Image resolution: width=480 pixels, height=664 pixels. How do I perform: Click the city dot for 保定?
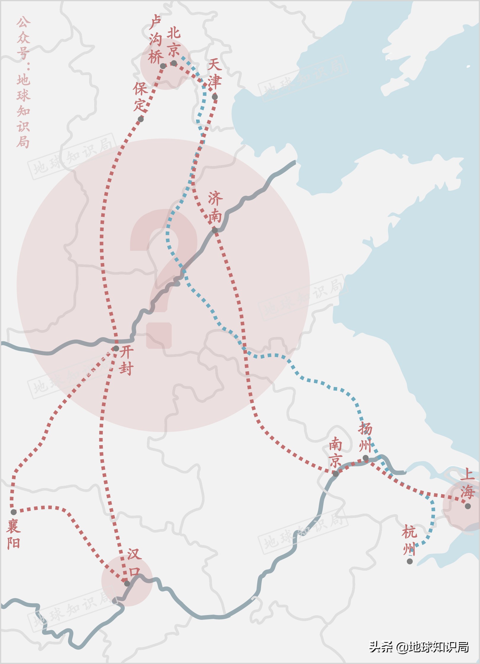point(141,119)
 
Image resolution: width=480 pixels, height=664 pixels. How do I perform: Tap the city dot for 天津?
point(215,97)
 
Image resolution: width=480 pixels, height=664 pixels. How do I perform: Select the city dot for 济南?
point(215,230)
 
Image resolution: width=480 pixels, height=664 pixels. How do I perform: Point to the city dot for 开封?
point(116,348)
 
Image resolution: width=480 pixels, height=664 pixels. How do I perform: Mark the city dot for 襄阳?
point(14,512)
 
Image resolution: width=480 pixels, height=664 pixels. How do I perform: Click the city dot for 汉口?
point(127,584)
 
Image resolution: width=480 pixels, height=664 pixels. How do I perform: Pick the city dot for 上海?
point(468,506)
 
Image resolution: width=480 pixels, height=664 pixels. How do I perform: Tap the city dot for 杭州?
point(410,561)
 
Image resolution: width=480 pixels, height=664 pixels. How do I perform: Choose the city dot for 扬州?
point(366,458)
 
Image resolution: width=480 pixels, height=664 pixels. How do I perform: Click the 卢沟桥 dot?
point(163,66)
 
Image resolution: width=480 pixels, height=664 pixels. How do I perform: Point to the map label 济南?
point(215,207)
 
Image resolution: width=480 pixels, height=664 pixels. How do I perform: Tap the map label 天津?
point(215,74)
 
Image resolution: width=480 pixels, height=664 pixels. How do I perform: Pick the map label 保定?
point(140,97)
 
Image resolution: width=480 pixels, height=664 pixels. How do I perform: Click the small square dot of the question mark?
point(159,335)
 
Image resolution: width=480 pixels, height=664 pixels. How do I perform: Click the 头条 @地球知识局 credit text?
point(418,647)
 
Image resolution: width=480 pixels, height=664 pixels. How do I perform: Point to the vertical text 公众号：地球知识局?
point(23,82)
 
